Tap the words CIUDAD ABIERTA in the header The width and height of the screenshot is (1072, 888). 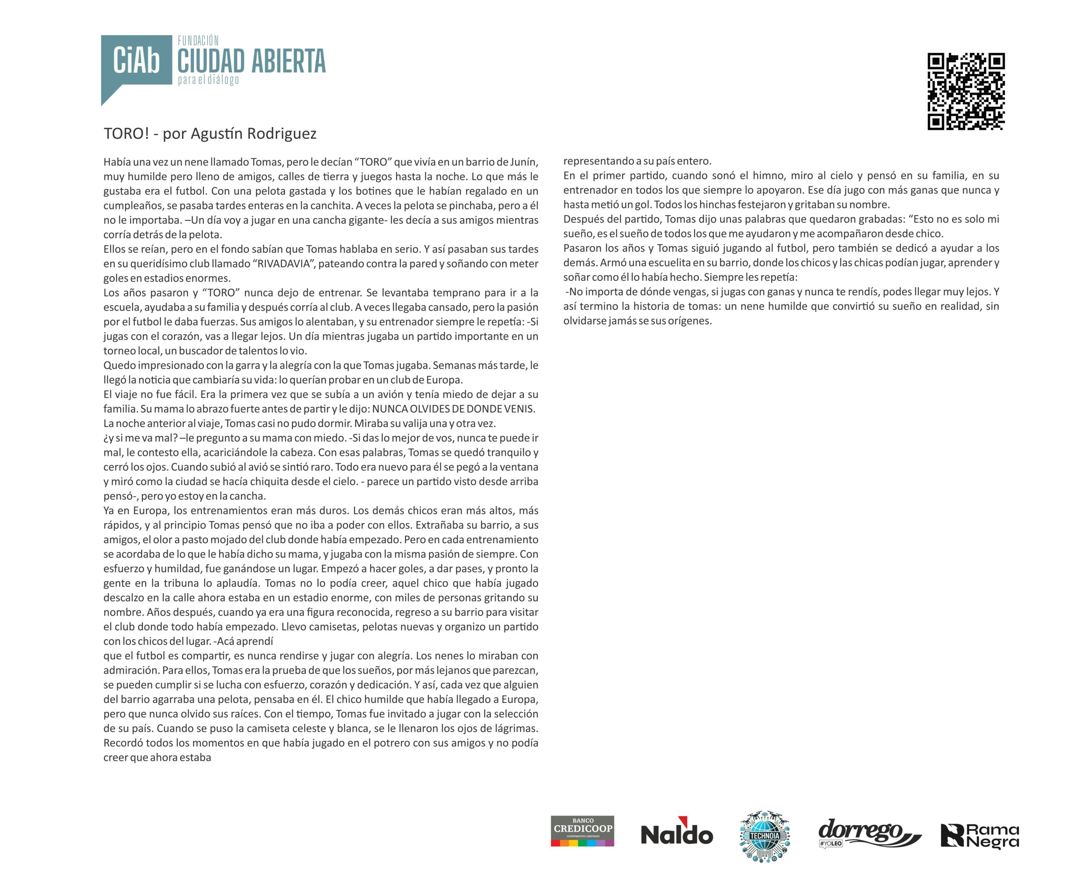(x=251, y=62)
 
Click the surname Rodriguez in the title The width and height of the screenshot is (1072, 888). (x=282, y=134)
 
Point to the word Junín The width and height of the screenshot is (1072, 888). (x=524, y=162)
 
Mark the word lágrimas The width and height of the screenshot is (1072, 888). (x=516, y=728)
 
